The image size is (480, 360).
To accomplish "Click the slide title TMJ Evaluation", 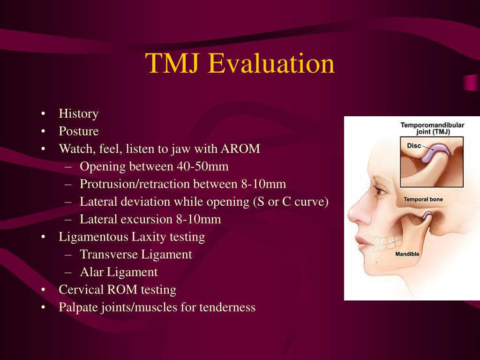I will coord(240,64).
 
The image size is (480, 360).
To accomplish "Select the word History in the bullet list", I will coord(78,114).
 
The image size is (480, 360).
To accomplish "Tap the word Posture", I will coord(78,131).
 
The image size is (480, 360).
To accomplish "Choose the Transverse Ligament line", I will coord(135,255).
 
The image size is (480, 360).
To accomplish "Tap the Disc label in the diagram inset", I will coord(413,146).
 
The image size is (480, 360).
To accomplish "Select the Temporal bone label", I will coord(423,200).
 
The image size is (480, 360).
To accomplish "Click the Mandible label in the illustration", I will coord(407,254).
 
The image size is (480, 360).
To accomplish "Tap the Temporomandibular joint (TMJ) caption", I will coord(432,128).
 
